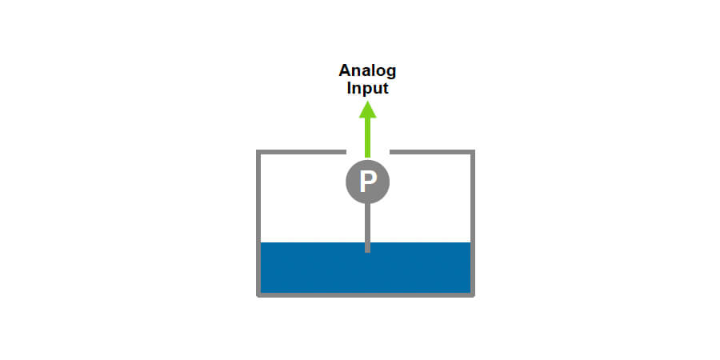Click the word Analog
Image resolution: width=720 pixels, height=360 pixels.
coord(367,71)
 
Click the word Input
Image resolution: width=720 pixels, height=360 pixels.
coord(367,88)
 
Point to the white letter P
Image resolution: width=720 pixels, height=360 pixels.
coord(367,182)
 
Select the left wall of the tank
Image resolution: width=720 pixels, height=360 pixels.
coord(258,224)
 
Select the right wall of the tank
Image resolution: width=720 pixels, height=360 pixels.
coord(473,224)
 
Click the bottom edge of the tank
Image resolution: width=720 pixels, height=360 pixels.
coord(366,294)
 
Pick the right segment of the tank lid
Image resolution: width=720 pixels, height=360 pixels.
coord(431,151)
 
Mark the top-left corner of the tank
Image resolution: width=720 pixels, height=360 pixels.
coord(258,151)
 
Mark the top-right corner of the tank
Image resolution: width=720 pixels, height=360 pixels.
coord(473,151)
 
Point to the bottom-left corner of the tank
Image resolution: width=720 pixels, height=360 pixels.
coord(258,294)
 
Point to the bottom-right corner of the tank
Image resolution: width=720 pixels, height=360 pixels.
coord(473,294)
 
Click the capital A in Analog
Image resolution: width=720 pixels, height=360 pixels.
coord(344,71)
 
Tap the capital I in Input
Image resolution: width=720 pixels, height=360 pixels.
coord(349,88)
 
